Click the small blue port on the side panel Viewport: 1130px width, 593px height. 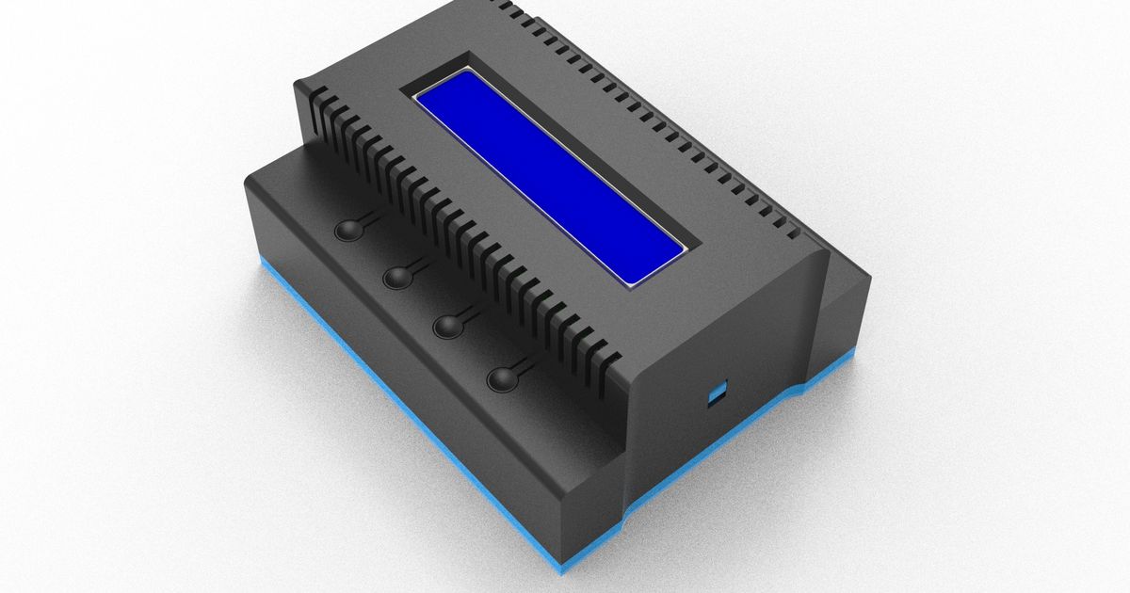718,393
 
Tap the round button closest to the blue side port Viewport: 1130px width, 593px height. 504,378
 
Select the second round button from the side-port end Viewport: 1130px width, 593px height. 449,326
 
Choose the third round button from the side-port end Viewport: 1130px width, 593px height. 398,276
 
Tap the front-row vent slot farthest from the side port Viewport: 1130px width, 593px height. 315,96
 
